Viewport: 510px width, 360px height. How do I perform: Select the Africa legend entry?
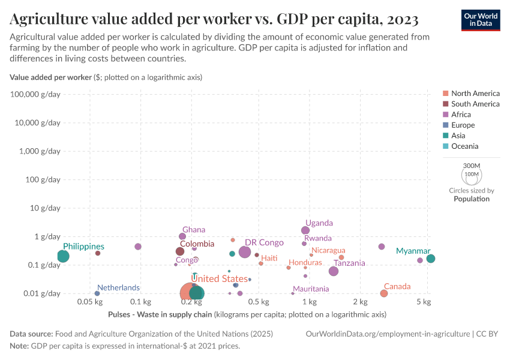pos(461,115)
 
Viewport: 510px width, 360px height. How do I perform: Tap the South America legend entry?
pos(475,104)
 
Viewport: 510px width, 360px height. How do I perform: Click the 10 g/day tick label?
pos(44,208)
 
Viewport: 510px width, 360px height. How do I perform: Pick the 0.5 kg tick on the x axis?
pos(258,301)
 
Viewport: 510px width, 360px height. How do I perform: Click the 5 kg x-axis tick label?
pos(424,301)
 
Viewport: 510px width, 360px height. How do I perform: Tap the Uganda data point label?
pos(319,223)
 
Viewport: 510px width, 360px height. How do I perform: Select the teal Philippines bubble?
pos(63,256)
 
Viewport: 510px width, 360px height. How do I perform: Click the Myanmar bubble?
pos(431,259)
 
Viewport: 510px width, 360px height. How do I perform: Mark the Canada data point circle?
pos(384,293)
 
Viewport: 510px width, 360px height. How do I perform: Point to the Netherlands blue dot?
pos(97,293)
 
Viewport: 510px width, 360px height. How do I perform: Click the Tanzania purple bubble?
pos(334,271)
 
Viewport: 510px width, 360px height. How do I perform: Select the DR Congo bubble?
pos(245,252)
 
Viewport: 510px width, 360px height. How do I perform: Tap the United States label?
pos(219,278)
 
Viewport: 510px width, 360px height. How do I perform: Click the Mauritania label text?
pos(311,289)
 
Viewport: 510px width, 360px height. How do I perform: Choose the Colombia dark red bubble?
pos(180,251)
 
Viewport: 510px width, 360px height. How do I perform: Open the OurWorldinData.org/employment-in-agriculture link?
pos(388,334)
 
